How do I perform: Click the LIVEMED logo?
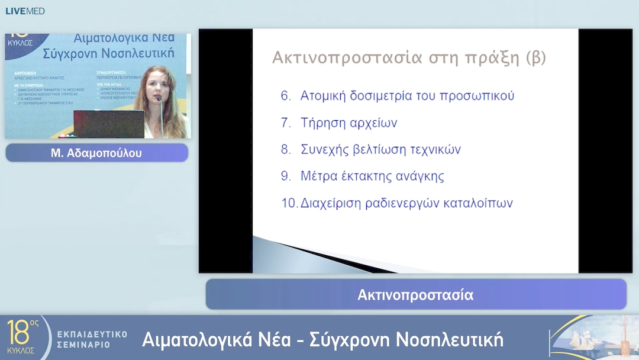point(25,11)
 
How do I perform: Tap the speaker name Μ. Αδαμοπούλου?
point(96,153)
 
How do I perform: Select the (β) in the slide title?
point(535,58)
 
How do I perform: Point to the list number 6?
point(286,96)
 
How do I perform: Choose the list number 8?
point(286,150)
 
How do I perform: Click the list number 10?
point(289,203)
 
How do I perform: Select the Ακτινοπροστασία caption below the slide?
point(415,295)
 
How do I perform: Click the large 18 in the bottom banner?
point(18,333)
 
